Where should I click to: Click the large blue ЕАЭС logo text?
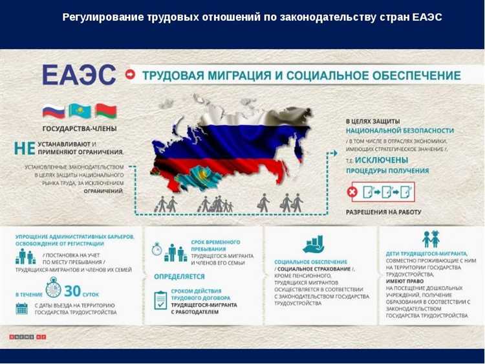(79, 75)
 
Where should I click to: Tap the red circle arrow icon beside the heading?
(131, 75)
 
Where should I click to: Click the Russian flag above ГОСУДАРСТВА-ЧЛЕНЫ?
(53, 111)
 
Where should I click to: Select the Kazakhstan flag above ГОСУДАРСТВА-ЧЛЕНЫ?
(80, 111)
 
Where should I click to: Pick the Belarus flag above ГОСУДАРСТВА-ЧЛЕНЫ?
(105, 111)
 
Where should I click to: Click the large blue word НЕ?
(24, 148)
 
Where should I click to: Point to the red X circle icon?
(352, 192)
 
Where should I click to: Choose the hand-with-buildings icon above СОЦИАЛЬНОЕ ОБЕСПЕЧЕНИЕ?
(314, 244)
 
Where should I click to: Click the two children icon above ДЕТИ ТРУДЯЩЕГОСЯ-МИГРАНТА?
(431, 239)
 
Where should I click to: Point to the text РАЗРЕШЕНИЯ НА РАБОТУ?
(383, 212)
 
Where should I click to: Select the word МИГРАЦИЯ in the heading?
(232, 75)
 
